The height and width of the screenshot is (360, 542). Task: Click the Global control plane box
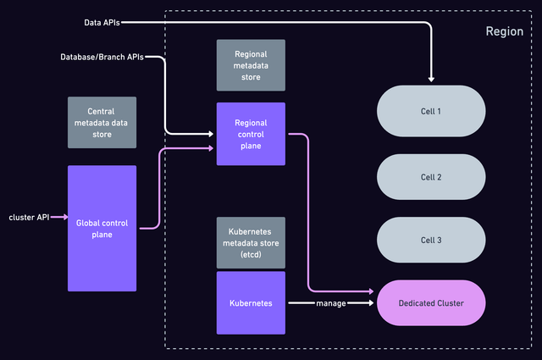(102, 228)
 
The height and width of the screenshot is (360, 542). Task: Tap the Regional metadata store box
(252, 65)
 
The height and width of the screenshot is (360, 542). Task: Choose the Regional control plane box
(252, 134)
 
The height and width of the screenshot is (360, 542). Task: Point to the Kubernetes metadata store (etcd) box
(252, 241)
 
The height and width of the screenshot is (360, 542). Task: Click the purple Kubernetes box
(252, 302)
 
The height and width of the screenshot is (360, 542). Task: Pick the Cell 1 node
(431, 111)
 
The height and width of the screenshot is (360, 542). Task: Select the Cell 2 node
(431, 177)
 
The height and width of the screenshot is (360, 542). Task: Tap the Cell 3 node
(431, 241)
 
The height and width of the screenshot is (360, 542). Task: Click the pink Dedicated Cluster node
(431, 302)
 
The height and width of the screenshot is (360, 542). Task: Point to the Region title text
(504, 31)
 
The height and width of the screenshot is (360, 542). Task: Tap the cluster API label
(29, 217)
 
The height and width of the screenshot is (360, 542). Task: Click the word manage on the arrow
(329, 302)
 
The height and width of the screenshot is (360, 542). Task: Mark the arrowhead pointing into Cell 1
(431, 80)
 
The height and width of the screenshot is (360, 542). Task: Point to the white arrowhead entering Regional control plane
(212, 134)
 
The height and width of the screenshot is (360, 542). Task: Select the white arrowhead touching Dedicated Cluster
(370, 302)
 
